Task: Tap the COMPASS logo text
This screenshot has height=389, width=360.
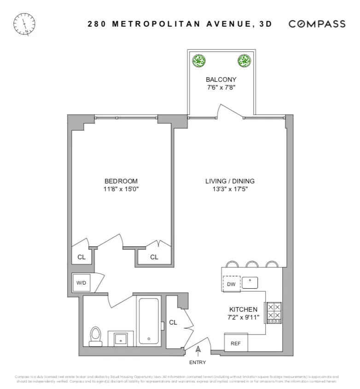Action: pyautogui.click(x=317, y=24)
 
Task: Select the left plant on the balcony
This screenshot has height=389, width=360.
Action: pyautogui.click(x=199, y=60)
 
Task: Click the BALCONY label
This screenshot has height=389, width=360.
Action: pyautogui.click(x=221, y=80)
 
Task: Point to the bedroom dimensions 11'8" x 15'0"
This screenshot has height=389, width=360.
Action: pyautogui.click(x=121, y=189)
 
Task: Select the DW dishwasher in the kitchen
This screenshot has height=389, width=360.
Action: pyautogui.click(x=231, y=284)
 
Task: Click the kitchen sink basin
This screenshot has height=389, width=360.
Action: pyautogui.click(x=250, y=282)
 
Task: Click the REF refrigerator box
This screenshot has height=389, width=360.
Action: pyautogui.click(x=235, y=343)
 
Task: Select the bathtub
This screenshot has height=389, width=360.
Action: pyautogui.click(x=148, y=321)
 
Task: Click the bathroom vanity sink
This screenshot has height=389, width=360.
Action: pyautogui.click(x=121, y=339)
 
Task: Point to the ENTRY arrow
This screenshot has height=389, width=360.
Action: pyautogui.click(x=198, y=352)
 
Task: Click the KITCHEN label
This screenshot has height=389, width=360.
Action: pyautogui.click(x=243, y=309)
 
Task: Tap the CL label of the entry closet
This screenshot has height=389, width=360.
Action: pyautogui.click(x=173, y=322)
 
